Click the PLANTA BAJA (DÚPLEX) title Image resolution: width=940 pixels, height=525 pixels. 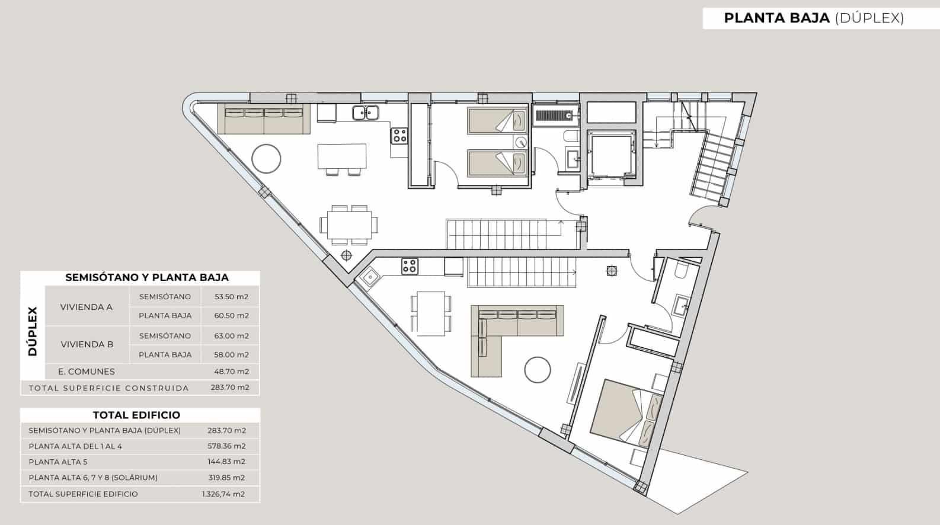point(814,18)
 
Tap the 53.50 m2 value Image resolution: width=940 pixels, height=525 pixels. point(231,297)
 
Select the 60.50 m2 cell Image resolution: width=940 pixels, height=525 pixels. point(231,316)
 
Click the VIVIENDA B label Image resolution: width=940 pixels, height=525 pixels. point(87,344)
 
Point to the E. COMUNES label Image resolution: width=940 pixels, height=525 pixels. point(86,372)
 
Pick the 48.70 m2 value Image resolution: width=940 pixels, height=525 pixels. point(231,372)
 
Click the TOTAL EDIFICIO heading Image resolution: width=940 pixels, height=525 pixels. point(136,415)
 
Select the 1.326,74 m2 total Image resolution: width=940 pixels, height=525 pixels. point(223,494)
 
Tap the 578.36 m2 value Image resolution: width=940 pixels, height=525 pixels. point(226,446)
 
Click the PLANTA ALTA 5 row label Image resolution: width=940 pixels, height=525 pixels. point(58,462)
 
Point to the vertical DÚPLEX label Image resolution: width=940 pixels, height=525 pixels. point(33,332)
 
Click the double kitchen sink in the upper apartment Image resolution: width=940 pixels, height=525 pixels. point(366,113)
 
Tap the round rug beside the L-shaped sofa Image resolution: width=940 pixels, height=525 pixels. point(537,370)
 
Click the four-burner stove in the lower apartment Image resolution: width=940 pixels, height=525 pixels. point(410,266)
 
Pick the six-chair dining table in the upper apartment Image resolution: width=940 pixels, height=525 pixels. point(348,225)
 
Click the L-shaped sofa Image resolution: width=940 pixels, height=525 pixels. point(512,332)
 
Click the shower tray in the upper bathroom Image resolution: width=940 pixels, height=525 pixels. point(555,115)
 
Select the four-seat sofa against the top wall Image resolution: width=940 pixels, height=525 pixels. point(264,119)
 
